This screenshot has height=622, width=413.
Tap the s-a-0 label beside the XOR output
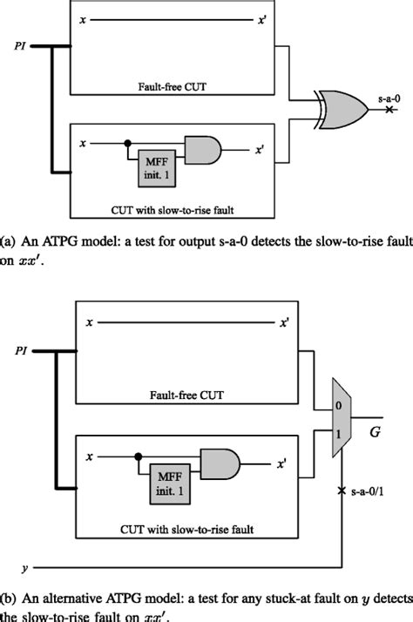389,102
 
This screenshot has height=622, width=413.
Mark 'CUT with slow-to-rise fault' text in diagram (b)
190,528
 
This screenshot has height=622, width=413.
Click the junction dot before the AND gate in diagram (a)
130,141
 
